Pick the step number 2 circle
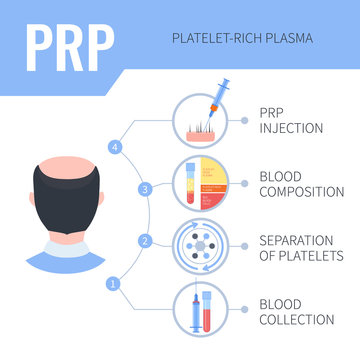[146, 239]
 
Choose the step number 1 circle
[113, 283]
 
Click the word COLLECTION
[298, 319]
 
